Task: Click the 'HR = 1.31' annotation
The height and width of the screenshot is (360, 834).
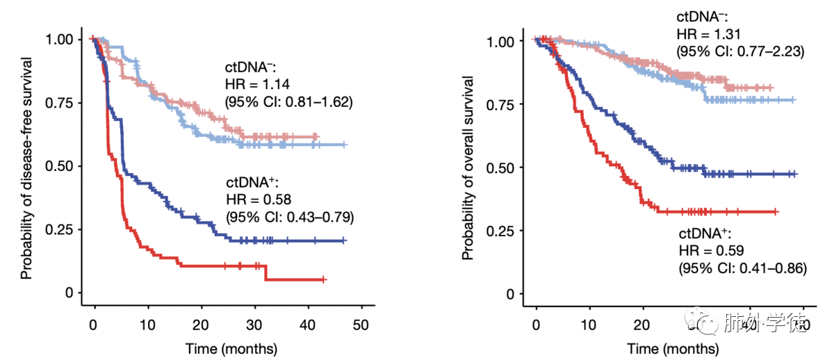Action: pyautogui.click(x=705, y=35)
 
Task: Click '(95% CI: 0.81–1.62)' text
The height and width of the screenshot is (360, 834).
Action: pyautogui.click(x=288, y=101)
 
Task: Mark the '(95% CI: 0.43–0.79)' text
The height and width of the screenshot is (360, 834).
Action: pyautogui.click(x=288, y=217)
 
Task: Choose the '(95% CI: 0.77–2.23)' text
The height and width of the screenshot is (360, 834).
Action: pyautogui.click(x=740, y=51)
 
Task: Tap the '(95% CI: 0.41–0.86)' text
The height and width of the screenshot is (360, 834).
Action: pyautogui.click(x=743, y=266)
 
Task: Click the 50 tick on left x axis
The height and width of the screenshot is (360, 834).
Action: pyautogui.click(x=360, y=325)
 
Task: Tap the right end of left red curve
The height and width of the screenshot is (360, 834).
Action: pyautogui.click(x=324, y=279)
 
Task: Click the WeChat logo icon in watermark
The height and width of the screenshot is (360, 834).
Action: pyautogui.click(x=695, y=322)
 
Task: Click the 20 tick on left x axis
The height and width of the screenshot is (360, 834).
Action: pyautogui.click(x=200, y=325)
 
